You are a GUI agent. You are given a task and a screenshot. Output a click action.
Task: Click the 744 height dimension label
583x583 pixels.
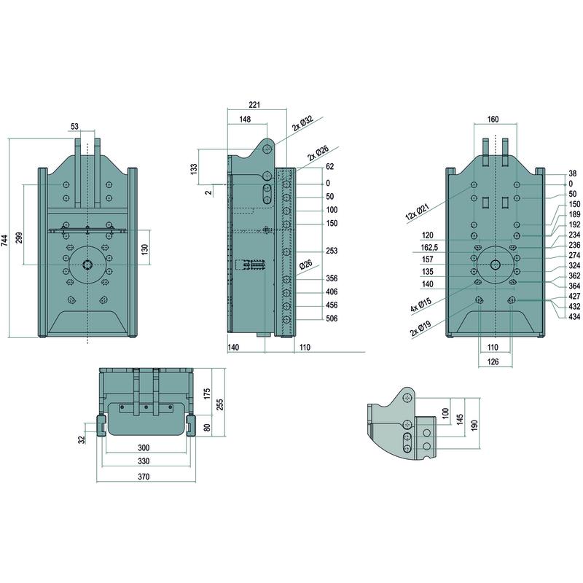point(5,238)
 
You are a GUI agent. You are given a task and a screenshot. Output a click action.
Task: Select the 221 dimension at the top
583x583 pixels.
point(254,105)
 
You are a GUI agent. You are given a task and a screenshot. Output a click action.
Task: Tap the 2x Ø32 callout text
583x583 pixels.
point(302,123)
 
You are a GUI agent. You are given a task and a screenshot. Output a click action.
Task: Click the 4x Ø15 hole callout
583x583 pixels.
point(421,304)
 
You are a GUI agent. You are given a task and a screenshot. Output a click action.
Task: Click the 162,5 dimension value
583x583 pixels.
point(429,247)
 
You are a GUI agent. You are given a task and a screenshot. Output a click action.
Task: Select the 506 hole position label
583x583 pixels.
point(332,318)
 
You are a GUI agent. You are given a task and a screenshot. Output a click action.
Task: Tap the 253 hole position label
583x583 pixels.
point(332,251)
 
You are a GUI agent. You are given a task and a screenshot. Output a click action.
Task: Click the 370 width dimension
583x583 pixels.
point(144,477)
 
